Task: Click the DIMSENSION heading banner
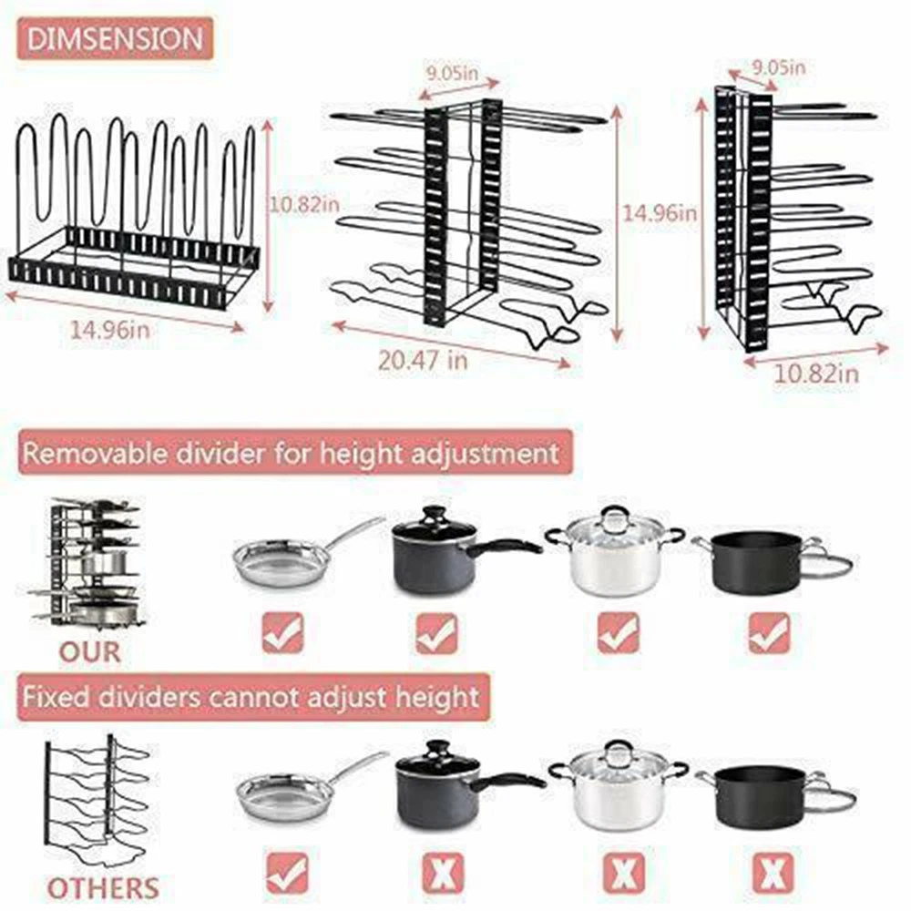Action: tap(115, 39)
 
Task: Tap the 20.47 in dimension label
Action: tap(423, 360)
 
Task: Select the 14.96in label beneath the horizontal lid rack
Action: tap(110, 330)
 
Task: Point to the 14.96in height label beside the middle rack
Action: tap(660, 213)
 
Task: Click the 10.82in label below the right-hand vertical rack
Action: tap(816, 373)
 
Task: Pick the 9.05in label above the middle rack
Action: tap(453, 73)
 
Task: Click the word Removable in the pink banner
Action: tap(96, 454)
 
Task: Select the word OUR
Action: tap(90, 652)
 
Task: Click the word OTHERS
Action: tap(103, 888)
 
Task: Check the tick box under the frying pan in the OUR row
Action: tap(283, 632)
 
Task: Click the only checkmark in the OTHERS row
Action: tap(287, 873)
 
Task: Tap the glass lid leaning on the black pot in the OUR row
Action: tap(825, 559)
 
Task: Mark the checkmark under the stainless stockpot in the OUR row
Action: tap(619, 632)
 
